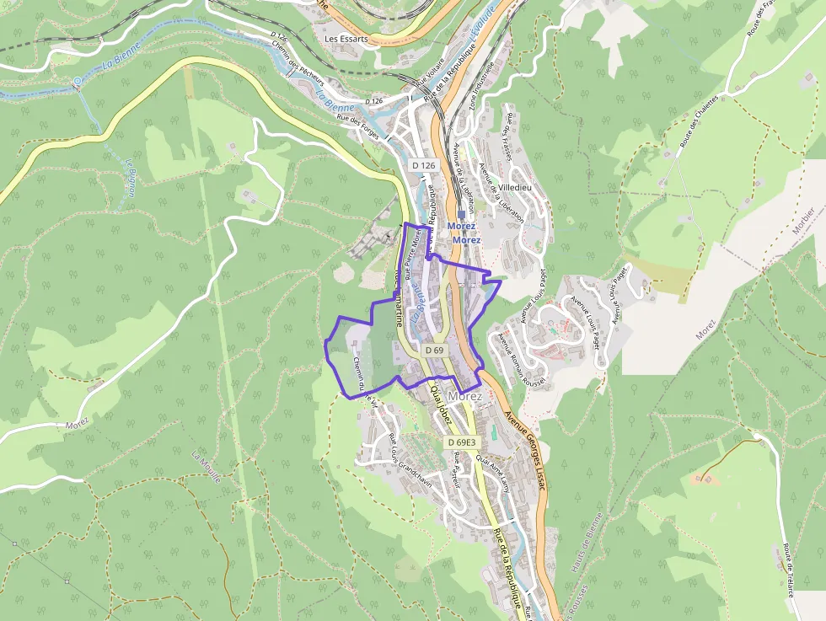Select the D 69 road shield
point(435,350)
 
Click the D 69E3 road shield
point(462,442)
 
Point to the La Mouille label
point(206,467)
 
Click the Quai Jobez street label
point(442,408)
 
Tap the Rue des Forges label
point(358,123)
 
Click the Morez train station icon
point(462,216)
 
